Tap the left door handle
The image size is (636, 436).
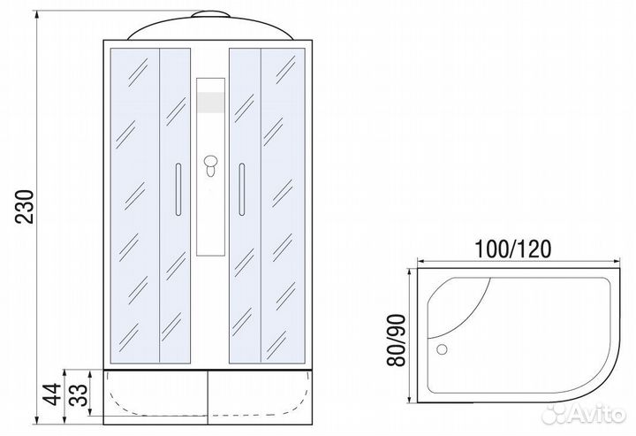(x=178, y=187)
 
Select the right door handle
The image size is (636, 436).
(x=238, y=187)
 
